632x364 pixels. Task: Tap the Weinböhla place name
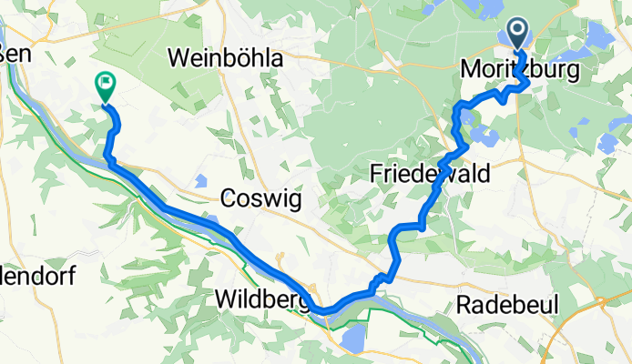click(226, 58)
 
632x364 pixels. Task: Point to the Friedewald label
click(431, 173)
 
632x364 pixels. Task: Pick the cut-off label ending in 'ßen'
click(15, 53)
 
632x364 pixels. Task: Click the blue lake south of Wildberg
click(351, 340)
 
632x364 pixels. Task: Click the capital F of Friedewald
click(377, 173)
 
